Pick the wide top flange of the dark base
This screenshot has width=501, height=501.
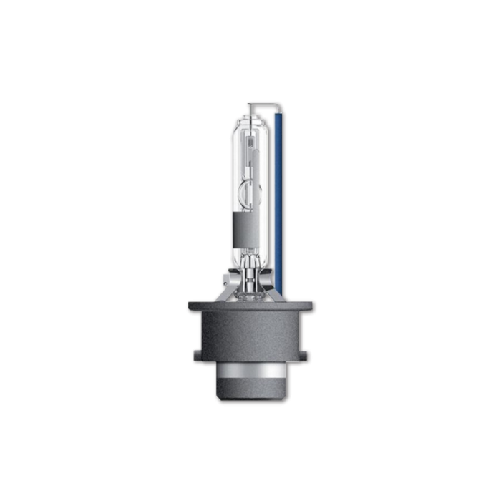click(250, 306)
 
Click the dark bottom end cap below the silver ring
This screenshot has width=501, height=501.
click(250, 392)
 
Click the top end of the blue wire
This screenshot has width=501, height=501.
click(278, 107)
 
